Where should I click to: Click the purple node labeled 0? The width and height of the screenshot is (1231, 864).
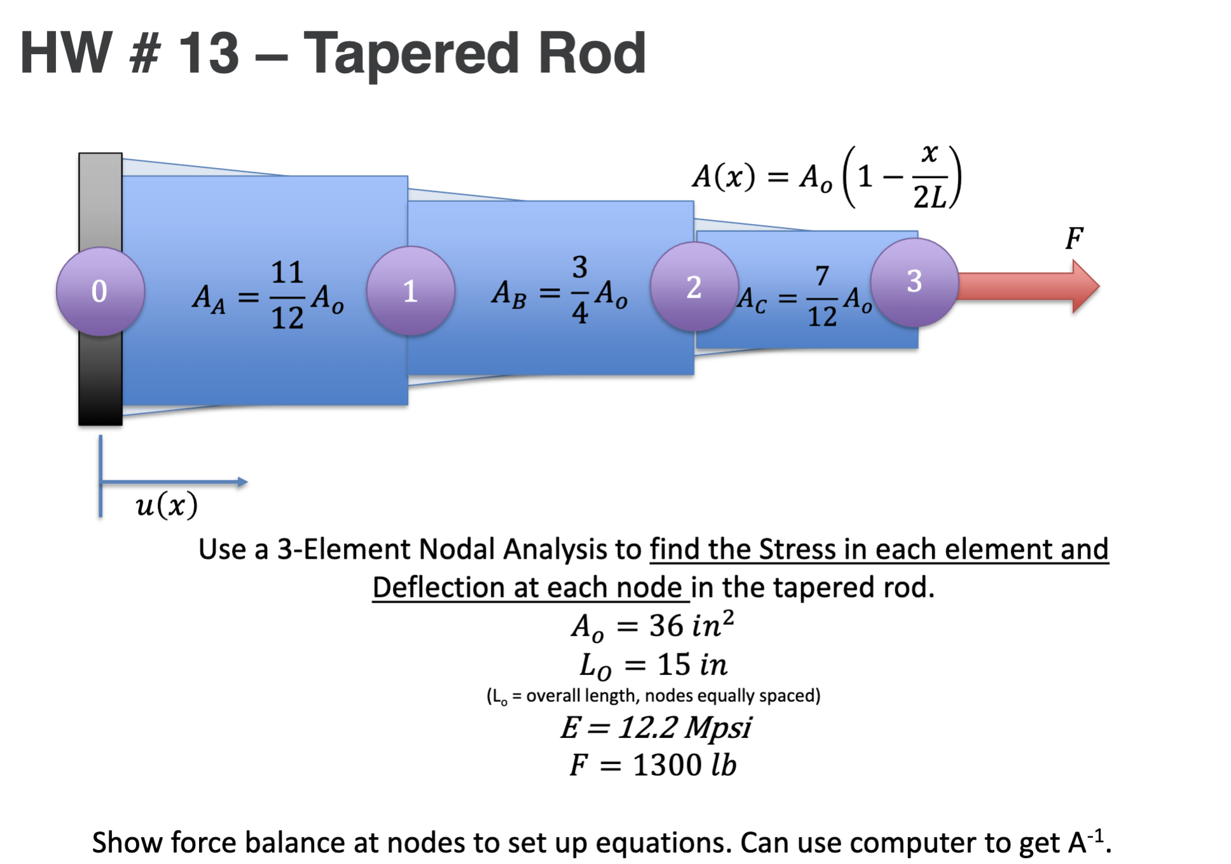100,291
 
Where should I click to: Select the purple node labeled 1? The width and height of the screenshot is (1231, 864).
411,291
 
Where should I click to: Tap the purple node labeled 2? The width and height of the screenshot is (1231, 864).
694,287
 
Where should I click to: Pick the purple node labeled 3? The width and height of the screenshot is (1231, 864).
914,282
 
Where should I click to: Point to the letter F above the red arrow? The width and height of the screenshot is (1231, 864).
1074,239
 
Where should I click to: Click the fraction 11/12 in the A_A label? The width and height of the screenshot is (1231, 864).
287,295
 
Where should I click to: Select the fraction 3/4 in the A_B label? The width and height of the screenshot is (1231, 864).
579,289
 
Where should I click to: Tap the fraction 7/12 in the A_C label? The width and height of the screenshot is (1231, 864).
822,296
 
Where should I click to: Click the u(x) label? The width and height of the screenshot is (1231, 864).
167,505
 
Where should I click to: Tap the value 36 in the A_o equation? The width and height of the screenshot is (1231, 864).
666,626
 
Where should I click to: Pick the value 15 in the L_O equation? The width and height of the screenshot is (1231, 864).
673,665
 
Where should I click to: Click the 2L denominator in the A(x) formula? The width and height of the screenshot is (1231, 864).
929,197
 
